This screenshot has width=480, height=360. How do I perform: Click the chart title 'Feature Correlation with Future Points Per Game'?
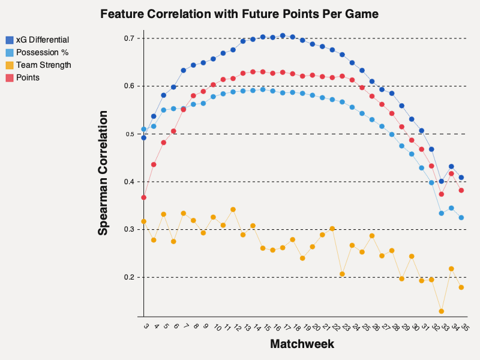(x=239, y=14)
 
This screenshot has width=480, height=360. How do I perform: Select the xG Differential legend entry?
(x=42, y=40)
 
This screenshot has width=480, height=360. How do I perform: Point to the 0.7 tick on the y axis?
(x=133, y=38)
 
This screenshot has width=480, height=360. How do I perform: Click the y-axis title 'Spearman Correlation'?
(x=104, y=172)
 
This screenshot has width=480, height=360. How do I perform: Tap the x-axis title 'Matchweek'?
(x=302, y=344)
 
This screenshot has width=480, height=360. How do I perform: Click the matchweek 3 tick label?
(x=146, y=326)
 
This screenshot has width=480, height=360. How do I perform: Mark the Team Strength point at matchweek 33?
(x=442, y=311)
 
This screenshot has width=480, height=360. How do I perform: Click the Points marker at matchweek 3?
(x=144, y=197)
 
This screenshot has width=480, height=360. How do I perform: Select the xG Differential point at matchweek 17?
(x=283, y=35)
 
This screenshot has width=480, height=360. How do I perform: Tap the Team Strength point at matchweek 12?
(x=233, y=209)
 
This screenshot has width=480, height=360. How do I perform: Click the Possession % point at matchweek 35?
(x=461, y=218)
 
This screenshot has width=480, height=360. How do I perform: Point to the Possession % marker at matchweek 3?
(x=144, y=129)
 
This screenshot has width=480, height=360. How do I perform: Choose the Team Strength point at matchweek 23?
(x=342, y=274)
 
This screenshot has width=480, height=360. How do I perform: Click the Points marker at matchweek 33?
(x=442, y=194)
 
